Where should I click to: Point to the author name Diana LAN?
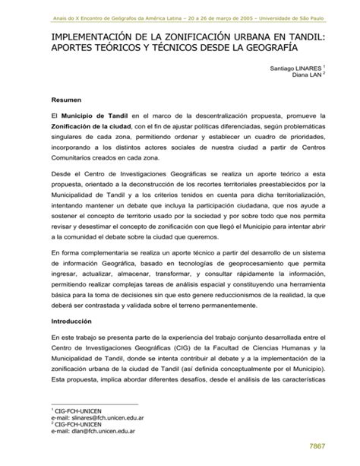(x=310, y=76)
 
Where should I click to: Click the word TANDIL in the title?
(x=306, y=36)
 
